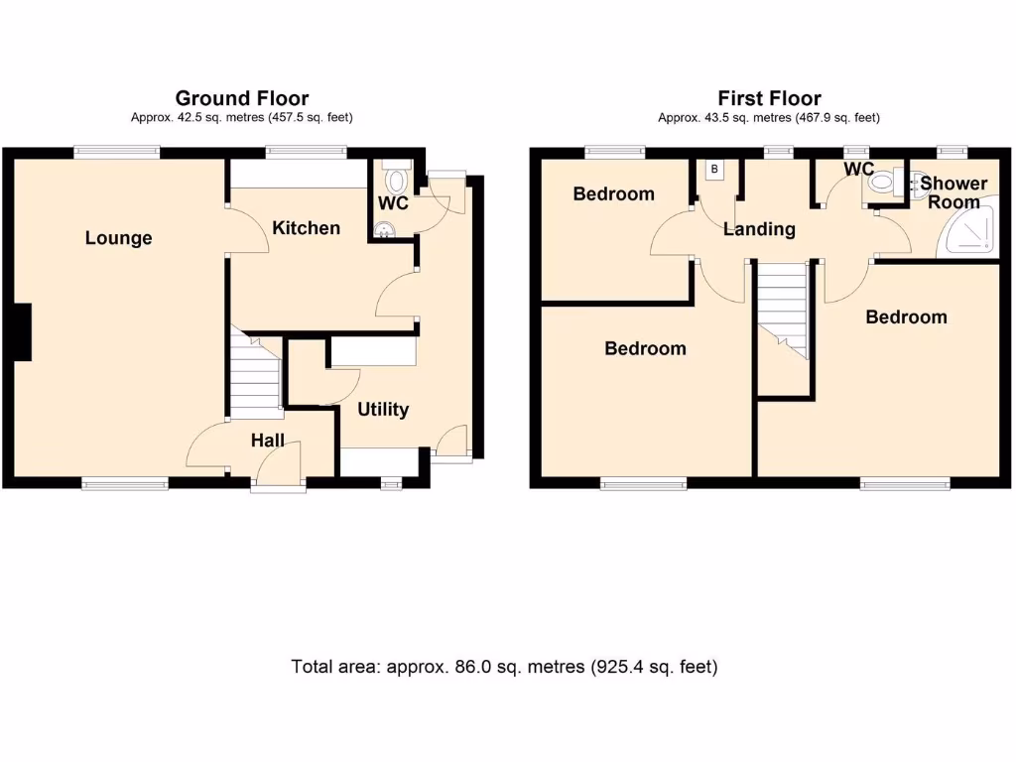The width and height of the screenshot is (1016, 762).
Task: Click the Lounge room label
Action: (119, 238)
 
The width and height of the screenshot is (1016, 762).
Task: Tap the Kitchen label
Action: (307, 228)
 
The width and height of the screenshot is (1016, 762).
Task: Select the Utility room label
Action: (383, 409)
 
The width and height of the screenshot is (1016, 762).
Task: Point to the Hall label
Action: (267, 441)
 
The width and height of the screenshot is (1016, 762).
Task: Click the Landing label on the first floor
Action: (759, 229)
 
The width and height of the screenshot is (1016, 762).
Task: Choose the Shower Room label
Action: (953, 192)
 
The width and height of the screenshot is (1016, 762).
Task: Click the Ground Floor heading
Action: (241, 98)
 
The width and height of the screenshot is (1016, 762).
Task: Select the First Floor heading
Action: (769, 98)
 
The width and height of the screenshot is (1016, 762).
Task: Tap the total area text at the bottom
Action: (504, 667)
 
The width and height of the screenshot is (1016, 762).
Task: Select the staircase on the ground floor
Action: (255, 376)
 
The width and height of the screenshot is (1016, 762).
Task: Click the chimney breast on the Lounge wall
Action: (23, 332)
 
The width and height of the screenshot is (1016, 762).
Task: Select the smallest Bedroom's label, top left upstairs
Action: (613, 193)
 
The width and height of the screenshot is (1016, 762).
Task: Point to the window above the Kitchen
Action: (306, 153)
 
